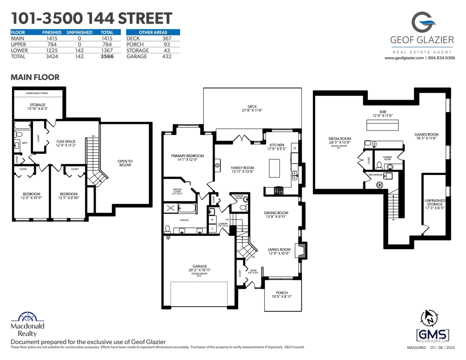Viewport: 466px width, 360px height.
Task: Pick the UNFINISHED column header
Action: point(79,32)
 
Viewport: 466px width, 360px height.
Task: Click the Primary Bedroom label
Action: point(187,156)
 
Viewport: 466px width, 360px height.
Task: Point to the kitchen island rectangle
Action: point(275,167)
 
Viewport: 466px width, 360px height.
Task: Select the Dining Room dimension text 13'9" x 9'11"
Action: point(276,217)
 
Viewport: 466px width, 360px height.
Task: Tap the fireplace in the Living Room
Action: point(301,250)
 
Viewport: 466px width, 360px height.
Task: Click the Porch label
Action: point(282,293)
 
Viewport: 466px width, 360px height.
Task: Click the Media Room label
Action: point(340,139)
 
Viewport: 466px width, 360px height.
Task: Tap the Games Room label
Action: point(426,135)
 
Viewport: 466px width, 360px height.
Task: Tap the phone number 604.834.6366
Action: point(442,58)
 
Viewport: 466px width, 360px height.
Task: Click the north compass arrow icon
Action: point(430,317)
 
